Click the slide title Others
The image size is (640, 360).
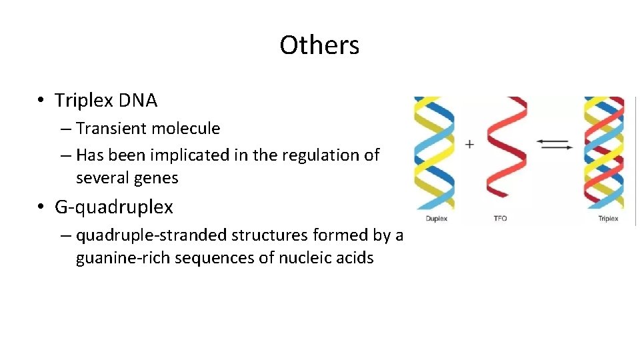pyautogui.click(x=319, y=45)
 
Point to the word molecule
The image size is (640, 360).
pyautogui.click(x=189, y=128)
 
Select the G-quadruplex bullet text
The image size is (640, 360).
pyautogui.click(x=113, y=207)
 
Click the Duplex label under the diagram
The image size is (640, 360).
pyautogui.click(x=436, y=219)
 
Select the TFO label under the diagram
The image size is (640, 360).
pyautogui.click(x=501, y=219)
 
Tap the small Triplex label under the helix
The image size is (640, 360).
pyautogui.click(x=607, y=219)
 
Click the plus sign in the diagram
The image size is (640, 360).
pyautogui.click(x=470, y=144)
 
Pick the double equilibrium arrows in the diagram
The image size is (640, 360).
pyautogui.click(x=553, y=144)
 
